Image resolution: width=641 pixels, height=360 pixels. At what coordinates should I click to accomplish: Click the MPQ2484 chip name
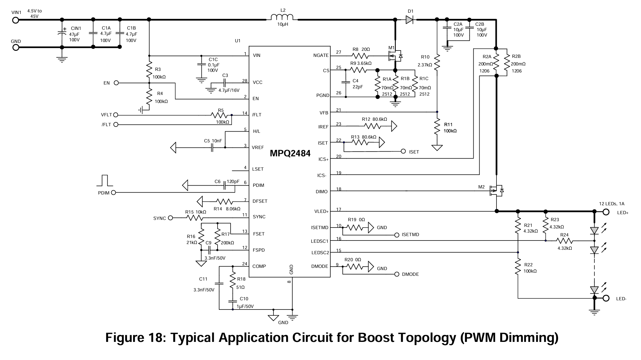coord(290,153)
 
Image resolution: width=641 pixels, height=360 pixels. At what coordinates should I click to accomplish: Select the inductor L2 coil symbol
coord(282,17)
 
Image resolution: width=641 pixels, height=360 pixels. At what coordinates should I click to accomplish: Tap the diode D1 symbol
coord(409,20)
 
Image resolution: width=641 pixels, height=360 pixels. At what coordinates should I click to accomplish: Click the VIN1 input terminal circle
coord(16,20)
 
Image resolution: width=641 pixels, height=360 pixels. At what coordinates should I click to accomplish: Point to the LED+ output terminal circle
coord(606,212)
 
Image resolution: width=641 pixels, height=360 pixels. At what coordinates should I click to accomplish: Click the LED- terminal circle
coord(606,298)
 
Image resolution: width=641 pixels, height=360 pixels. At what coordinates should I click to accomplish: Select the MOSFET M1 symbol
coord(395,56)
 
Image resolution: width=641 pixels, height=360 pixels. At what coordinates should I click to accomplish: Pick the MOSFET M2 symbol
coord(496,190)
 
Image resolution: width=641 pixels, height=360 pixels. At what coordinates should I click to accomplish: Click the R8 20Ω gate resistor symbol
coord(360,56)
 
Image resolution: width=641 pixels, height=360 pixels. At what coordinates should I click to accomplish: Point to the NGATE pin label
coord(321,56)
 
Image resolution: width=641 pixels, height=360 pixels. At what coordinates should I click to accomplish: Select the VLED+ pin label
coord(321,212)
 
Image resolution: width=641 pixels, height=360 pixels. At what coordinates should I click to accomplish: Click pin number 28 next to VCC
coord(245,81)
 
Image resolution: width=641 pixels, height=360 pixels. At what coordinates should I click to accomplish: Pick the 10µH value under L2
coord(282,24)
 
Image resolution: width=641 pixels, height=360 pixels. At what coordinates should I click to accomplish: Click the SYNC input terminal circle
coord(171,218)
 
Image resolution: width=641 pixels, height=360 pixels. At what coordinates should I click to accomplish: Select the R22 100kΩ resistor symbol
coord(518,267)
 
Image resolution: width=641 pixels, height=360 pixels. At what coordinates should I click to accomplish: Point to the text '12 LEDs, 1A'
coord(612,204)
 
